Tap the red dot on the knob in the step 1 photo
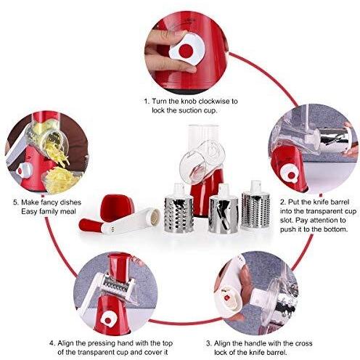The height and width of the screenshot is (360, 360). (186, 51)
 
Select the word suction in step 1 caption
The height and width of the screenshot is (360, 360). (190, 110)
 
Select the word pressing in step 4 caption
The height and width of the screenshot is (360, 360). (101, 343)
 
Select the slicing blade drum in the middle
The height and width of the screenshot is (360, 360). (224, 210)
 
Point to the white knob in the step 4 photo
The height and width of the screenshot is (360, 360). (108, 320)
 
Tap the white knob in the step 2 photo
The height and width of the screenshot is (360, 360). (290, 173)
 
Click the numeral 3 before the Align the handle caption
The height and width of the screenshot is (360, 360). (208, 343)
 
